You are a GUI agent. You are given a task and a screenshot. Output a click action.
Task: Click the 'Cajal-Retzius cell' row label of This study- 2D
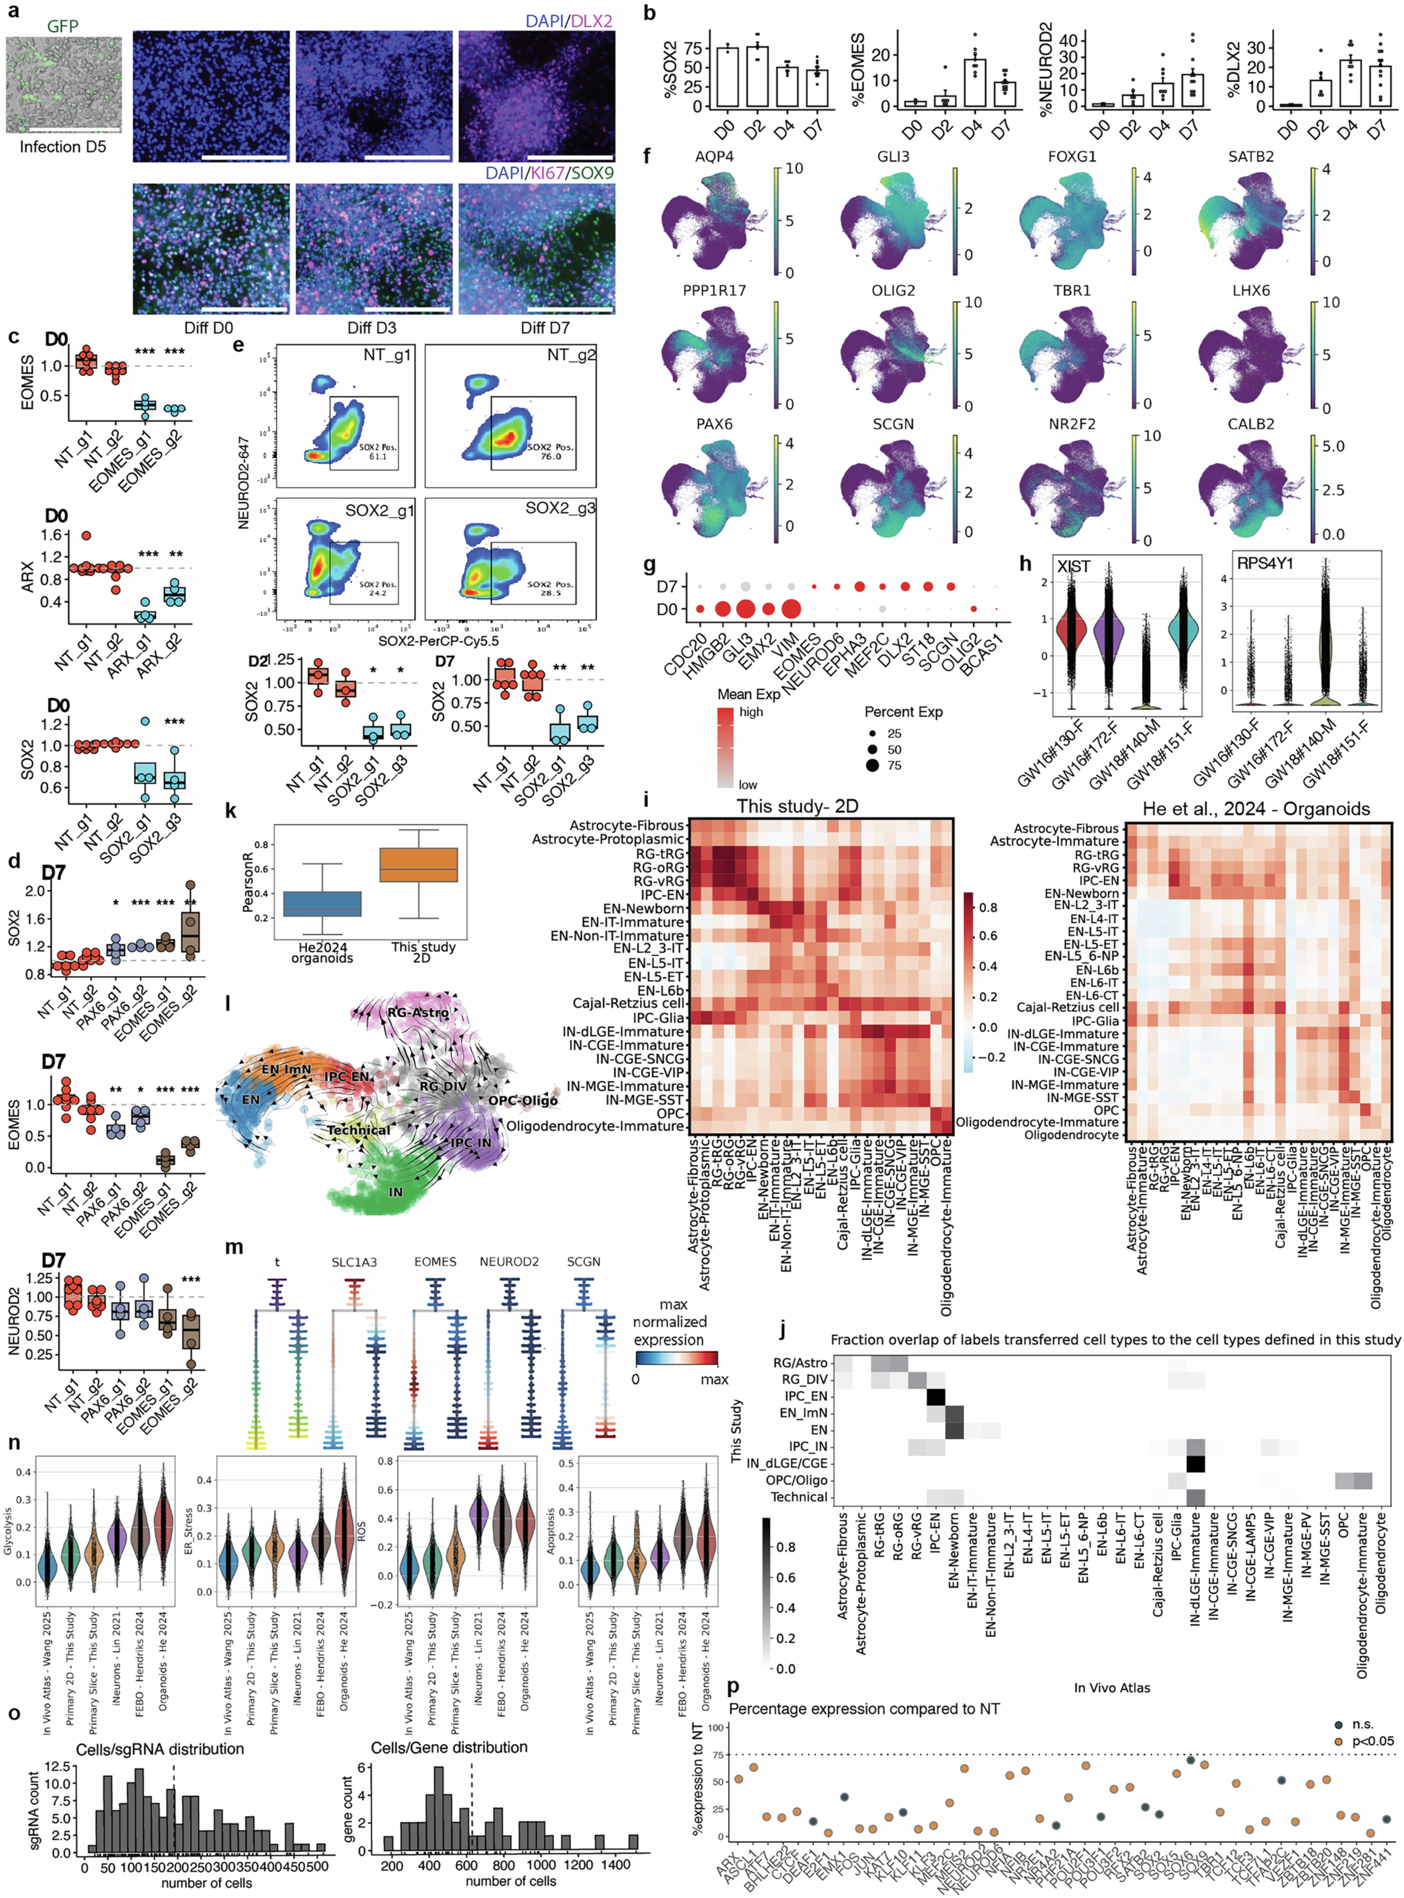point(628,1004)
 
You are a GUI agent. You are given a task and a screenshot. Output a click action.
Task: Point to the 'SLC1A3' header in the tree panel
point(354,1262)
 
